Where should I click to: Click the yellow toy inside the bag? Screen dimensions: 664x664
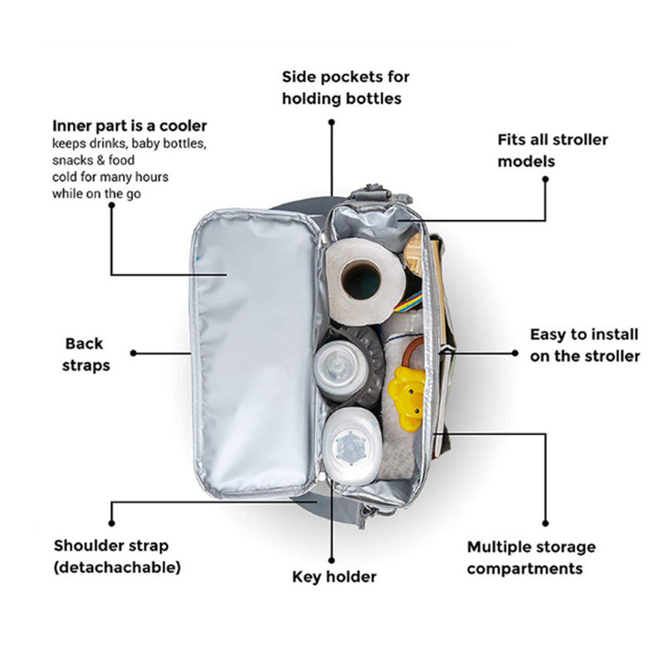pos(407,397)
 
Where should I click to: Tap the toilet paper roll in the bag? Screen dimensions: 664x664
pos(362,280)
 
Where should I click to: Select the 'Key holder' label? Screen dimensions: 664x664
pos(334,576)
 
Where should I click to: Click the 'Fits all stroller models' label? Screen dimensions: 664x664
pos(553,149)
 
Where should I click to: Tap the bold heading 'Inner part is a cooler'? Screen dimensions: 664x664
pos(129,126)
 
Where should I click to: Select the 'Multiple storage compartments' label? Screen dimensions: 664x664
pos(531,558)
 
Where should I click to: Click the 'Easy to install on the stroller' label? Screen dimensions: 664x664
pos(584,344)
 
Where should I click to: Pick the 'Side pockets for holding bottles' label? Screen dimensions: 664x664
pos(345,87)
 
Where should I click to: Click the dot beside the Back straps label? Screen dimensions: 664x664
pos(133,353)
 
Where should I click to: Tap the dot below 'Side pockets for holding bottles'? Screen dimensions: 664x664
pos(331,122)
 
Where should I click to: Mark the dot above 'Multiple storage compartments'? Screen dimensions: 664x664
pos(544,525)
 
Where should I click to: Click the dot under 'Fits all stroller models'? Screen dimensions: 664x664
pos(546,177)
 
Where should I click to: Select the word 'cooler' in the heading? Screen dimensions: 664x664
pos(185,126)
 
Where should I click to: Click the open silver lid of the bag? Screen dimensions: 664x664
pos(258,349)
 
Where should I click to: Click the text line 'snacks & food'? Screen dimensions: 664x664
pos(89,160)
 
